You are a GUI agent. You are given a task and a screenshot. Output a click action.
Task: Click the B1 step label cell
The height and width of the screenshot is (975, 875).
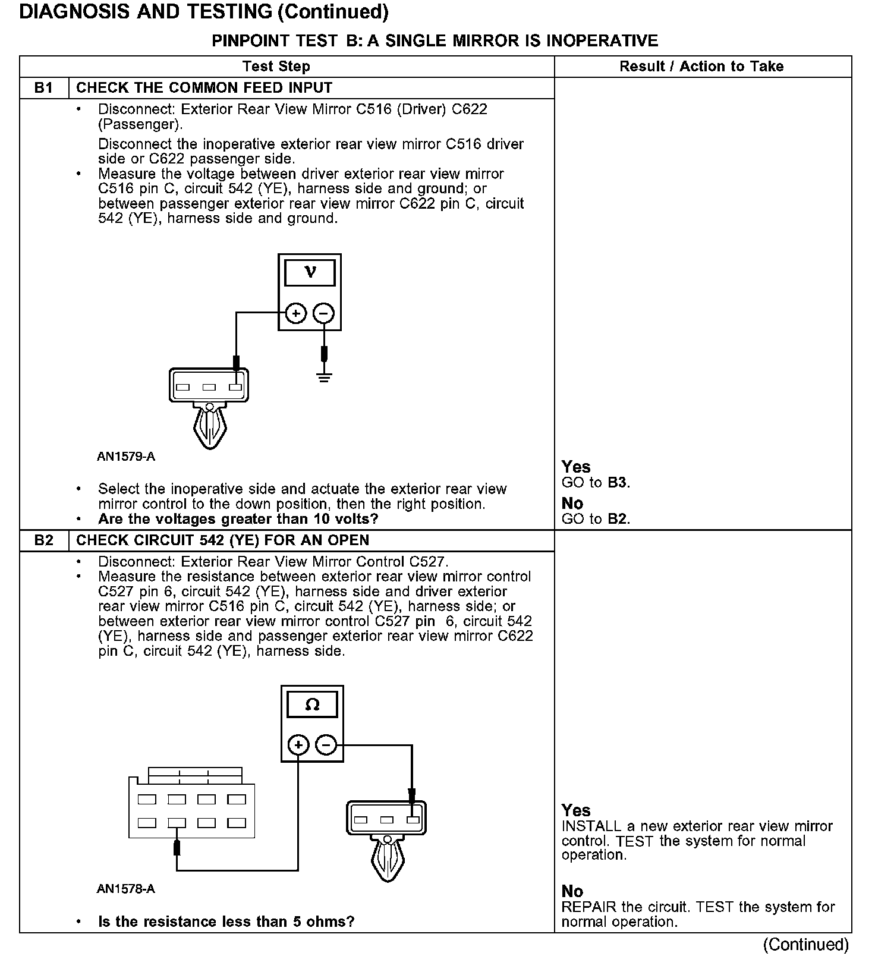(x=44, y=88)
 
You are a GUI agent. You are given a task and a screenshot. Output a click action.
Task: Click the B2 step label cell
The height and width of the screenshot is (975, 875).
(x=44, y=540)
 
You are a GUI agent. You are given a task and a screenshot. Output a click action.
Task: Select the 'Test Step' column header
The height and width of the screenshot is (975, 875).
(x=276, y=67)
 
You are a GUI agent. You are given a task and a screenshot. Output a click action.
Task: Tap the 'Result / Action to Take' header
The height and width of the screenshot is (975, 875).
(x=701, y=67)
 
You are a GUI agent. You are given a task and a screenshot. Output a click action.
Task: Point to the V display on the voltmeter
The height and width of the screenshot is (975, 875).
(x=310, y=273)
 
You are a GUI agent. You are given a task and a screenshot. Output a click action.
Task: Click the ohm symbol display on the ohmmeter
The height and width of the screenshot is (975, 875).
(x=312, y=705)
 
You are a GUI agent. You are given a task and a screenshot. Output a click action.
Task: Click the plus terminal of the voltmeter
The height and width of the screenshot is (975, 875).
(x=296, y=313)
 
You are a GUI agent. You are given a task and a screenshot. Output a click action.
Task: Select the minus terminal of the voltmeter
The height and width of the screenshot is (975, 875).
(x=323, y=313)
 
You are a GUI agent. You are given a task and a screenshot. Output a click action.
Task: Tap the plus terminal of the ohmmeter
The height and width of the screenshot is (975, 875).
(x=298, y=745)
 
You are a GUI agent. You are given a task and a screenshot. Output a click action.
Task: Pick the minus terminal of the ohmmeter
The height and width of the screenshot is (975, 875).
(x=326, y=745)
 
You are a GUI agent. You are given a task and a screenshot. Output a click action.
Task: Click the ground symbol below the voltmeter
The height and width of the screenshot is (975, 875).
(x=324, y=377)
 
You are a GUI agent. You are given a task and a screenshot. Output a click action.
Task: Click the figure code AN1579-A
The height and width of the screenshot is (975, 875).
(x=126, y=457)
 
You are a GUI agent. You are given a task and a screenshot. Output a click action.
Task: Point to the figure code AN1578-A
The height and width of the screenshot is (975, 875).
(x=126, y=889)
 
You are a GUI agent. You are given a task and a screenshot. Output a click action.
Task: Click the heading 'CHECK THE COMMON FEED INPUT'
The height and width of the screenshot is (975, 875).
(x=204, y=88)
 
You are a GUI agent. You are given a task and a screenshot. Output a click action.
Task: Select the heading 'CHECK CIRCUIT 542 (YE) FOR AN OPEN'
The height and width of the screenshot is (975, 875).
(x=223, y=540)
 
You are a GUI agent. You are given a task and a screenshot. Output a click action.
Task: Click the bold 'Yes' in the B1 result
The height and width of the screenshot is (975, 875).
(x=576, y=467)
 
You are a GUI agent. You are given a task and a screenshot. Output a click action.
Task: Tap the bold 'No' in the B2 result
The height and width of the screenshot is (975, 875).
(x=572, y=891)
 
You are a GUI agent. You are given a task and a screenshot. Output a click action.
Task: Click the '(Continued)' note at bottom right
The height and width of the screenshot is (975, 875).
(x=805, y=945)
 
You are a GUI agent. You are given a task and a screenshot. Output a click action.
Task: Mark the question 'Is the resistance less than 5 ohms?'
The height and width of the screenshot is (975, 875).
(x=226, y=922)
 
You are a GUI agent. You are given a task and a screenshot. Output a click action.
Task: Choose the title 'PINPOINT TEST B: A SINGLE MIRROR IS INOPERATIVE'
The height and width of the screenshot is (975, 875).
(x=435, y=40)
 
